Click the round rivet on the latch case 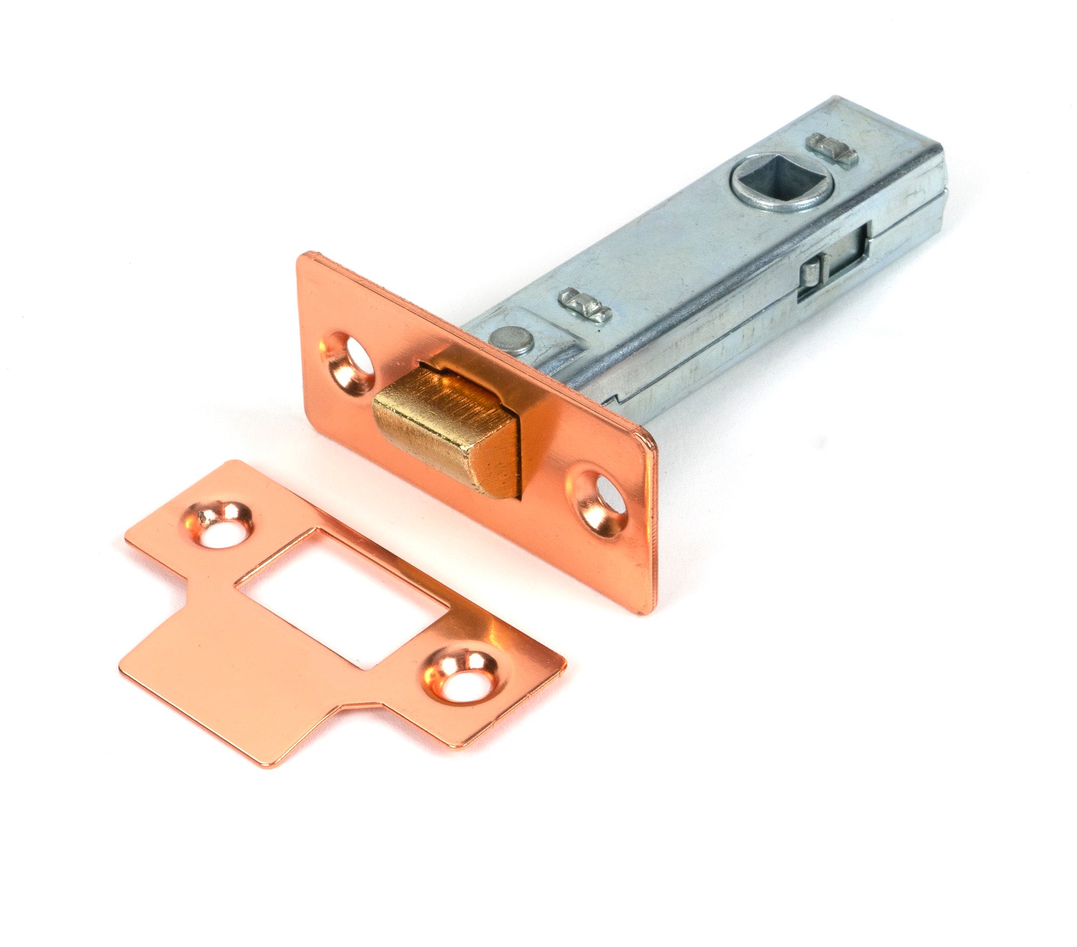[512, 339]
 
